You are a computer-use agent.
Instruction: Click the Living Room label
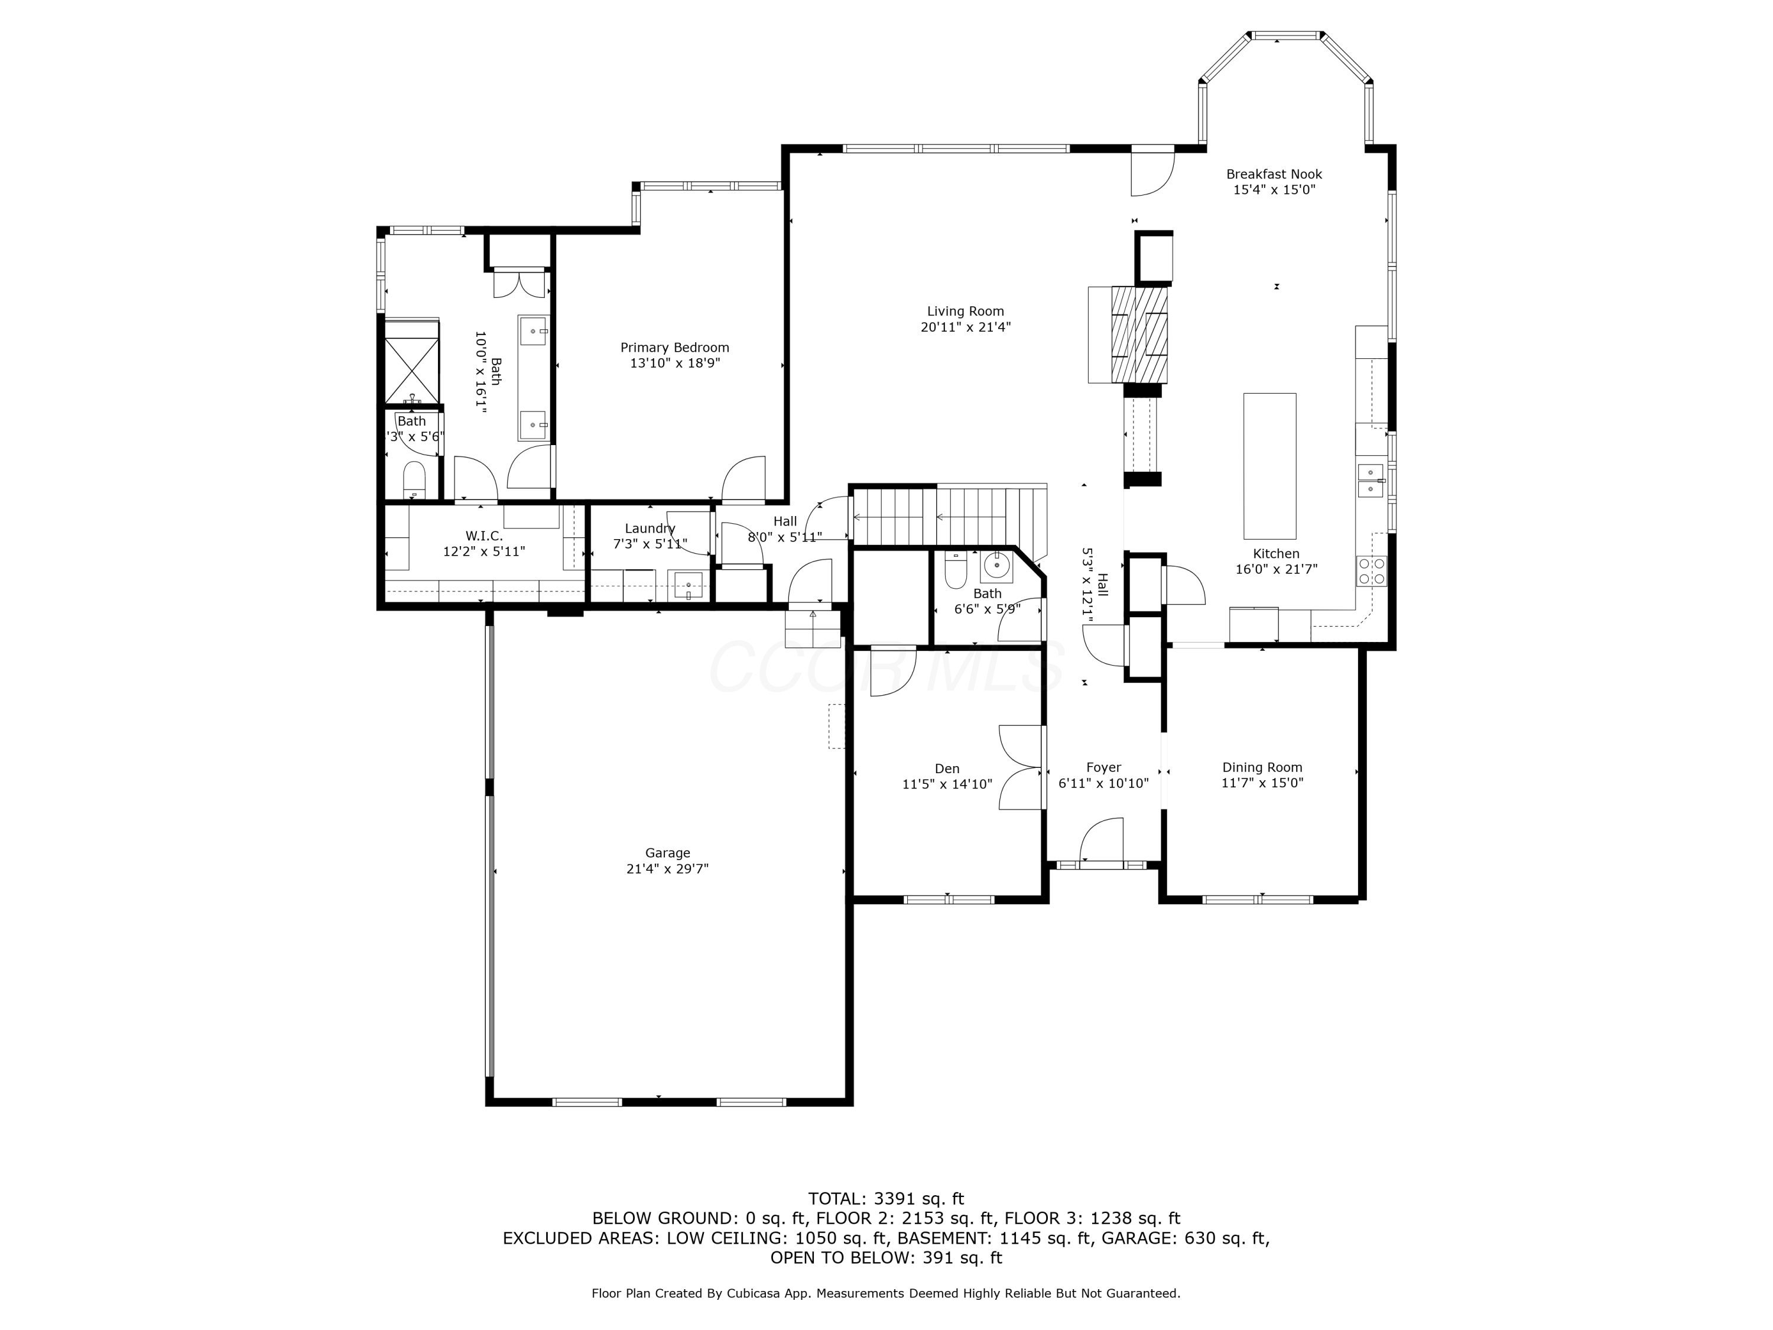tap(965, 311)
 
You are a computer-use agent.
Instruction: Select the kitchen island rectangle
tap(1269, 466)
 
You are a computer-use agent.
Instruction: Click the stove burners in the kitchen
tap(1372, 571)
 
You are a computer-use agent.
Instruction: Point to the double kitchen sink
tap(1370, 480)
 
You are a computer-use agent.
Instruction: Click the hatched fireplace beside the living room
tap(1139, 335)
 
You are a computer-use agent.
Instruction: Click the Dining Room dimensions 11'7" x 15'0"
tap(1262, 783)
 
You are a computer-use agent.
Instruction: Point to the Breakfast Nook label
tap(1274, 174)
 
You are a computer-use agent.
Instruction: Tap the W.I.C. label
tap(484, 536)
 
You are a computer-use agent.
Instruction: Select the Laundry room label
tap(650, 528)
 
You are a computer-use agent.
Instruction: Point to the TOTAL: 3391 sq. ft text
tap(886, 1199)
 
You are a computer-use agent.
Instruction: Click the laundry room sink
tap(689, 585)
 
